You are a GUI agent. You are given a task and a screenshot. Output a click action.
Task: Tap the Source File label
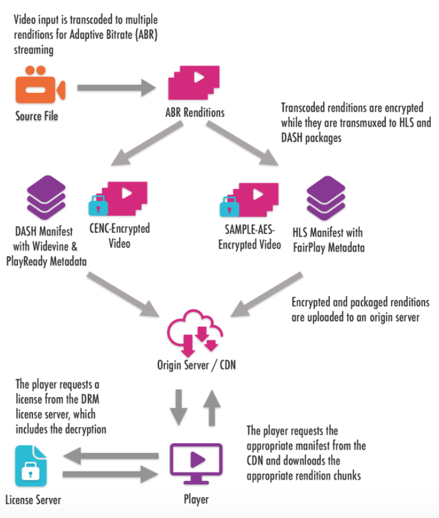[37, 117]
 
